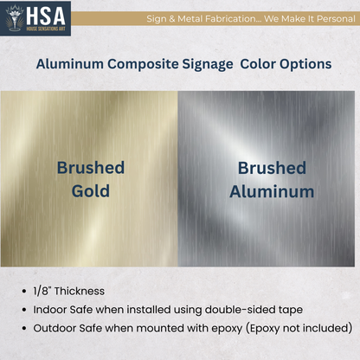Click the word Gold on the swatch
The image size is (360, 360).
tap(90, 190)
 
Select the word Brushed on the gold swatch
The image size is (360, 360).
tap(90, 167)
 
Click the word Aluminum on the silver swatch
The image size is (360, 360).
tap(271, 191)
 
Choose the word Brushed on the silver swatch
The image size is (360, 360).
tap(271, 168)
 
